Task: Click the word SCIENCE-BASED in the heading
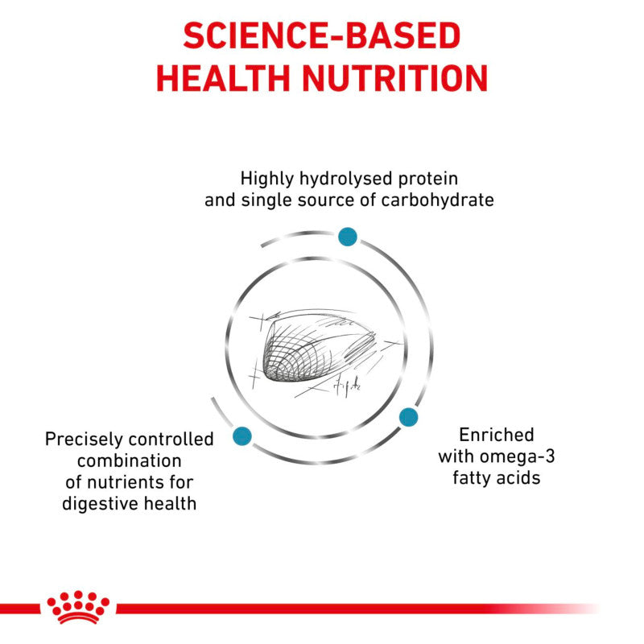click(x=322, y=37)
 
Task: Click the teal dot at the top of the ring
click(x=347, y=236)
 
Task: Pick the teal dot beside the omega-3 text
click(x=408, y=416)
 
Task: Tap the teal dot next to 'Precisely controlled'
click(x=242, y=436)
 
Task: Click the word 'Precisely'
click(x=82, y=440)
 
